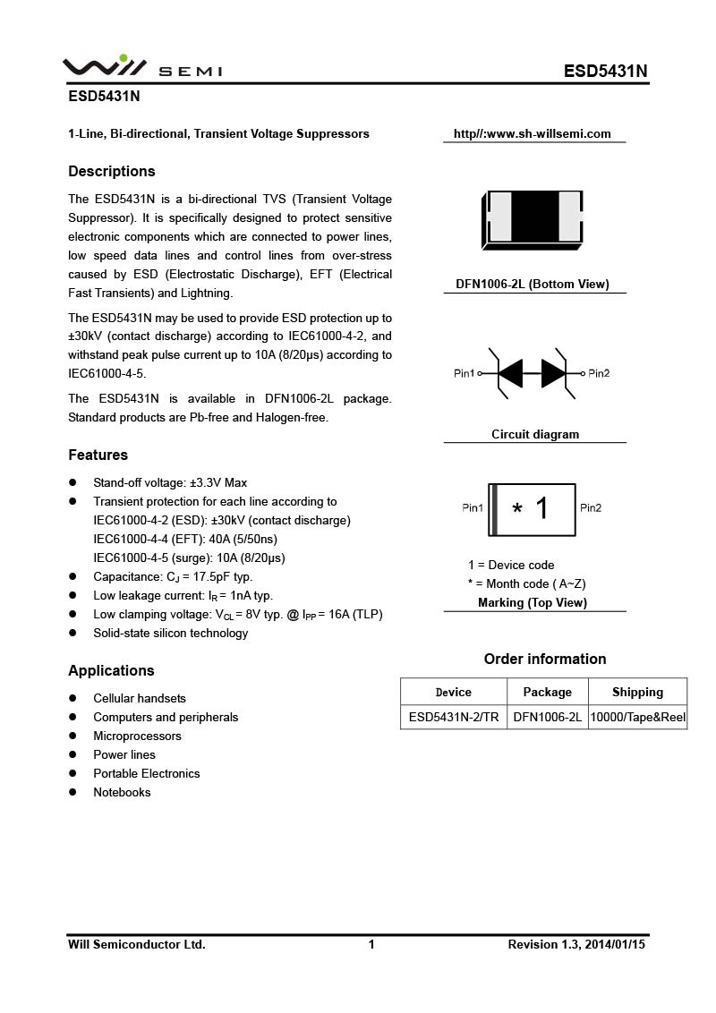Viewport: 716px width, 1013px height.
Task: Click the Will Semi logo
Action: [x=141, y=68]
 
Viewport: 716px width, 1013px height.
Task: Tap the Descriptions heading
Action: [x=112, y=171]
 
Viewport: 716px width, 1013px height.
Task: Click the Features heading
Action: [x=98, y=455]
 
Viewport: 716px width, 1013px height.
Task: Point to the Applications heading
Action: [x=111, y=670]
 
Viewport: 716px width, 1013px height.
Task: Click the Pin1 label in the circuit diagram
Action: [x=465, y=373]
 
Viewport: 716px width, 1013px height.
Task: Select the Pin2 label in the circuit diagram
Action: [x=599, y=373]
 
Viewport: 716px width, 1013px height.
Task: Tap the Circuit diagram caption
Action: [x=535, y=435]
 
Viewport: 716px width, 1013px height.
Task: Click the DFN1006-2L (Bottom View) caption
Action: [x=533, y=285]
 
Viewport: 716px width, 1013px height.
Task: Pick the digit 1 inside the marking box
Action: [x=541, y=508]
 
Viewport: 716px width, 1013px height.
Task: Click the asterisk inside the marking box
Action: [x=517, y=510]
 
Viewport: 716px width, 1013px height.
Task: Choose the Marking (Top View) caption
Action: [x=533, y=603]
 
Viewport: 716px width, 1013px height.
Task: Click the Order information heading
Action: [x=545, y=659]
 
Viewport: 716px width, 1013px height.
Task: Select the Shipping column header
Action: [x=637, y=692]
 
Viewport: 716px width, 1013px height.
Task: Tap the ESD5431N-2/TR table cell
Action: [x=454, y=717]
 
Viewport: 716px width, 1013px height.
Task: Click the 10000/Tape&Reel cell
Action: [x=637, y=717]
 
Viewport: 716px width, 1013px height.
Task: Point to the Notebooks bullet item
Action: [x=122, y=792]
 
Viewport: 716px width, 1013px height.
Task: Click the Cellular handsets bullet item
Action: [x=140, y=698]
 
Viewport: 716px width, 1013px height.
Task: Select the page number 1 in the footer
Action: [x=371, y=944]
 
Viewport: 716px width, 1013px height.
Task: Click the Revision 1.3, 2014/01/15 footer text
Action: [x=576, y=944]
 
